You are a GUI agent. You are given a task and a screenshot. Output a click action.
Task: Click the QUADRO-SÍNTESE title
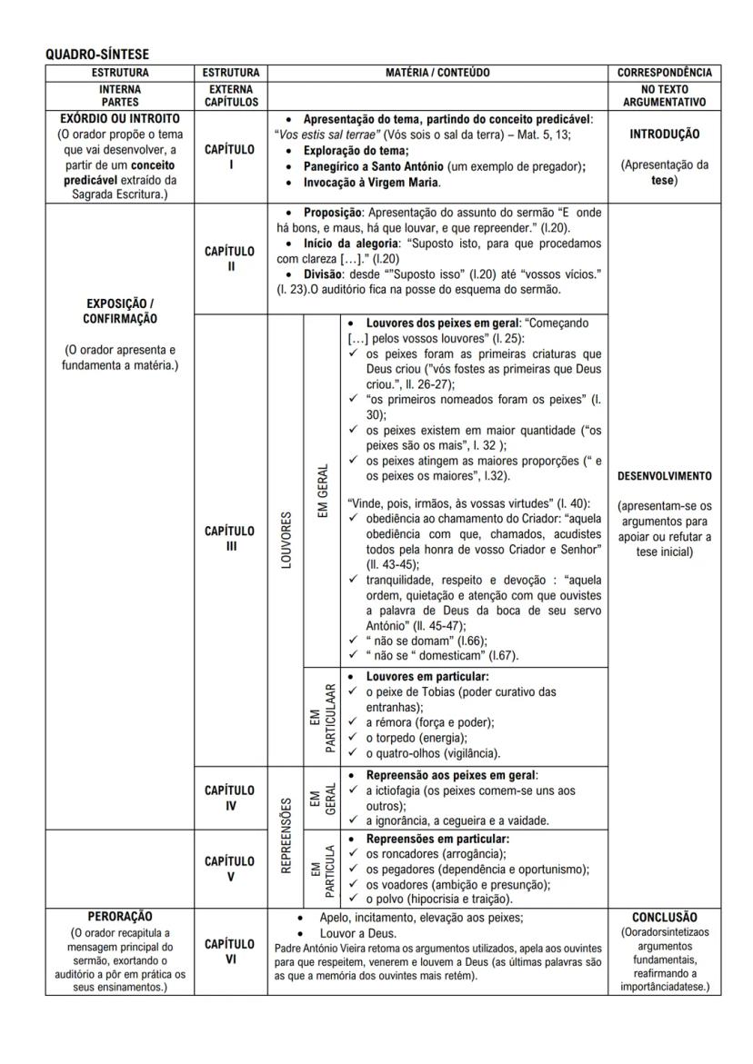pos(97,55)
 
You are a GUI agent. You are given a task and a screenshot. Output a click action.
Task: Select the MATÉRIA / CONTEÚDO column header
pos(437,73)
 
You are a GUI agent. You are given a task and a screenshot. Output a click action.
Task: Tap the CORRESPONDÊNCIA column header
pos(664,73)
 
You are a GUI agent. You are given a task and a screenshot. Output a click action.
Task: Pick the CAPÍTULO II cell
pos(230,258)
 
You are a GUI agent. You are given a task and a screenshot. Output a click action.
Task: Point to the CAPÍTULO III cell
pos(230,538)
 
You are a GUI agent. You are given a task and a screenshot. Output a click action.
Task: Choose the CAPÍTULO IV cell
pos(230,797)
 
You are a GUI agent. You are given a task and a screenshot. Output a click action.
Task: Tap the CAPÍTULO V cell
pos(230,868)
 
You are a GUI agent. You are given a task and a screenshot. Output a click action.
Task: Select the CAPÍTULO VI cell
pos(230,950)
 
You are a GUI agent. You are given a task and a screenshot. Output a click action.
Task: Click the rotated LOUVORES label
pos(286,540)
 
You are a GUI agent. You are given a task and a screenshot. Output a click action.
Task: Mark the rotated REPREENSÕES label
pos(286,835)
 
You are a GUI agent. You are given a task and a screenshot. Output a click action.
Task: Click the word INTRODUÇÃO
pos(664,134)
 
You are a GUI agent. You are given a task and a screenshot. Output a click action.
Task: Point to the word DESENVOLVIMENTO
pos(664,475)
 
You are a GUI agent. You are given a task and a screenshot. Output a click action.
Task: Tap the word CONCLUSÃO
pos(664,918)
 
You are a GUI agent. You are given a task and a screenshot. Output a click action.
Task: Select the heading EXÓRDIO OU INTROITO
pos(119,119)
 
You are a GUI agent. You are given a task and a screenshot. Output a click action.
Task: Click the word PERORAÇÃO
pos(119,917)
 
